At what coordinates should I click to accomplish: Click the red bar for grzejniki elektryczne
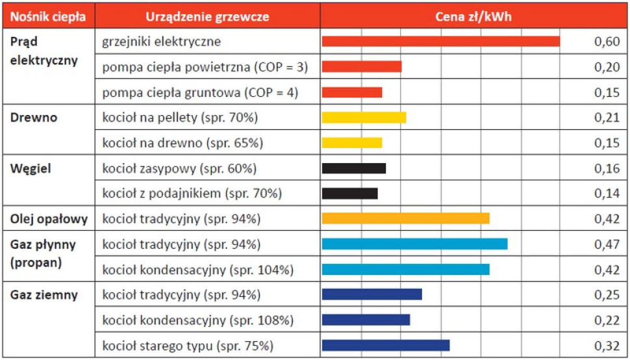(440, 42)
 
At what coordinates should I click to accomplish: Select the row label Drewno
(34, 118)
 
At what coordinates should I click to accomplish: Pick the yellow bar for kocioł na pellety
(364, 118)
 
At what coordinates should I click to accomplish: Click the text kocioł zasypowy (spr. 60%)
(179, 168)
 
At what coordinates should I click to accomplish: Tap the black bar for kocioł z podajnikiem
(349, 193)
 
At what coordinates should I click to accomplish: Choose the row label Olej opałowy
(49, 219)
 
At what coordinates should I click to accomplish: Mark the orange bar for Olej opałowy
(405, 218)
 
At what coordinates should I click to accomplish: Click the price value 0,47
(607, 244)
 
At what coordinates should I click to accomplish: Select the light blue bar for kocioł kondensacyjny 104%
(405, 269)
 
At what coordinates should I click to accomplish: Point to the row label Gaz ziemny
(44, 295)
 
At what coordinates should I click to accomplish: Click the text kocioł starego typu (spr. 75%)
(187, 345)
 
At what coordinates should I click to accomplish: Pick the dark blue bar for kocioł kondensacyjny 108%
(366, 320)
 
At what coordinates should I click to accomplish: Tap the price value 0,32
(607, 345)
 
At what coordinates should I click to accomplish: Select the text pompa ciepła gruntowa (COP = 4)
(200, 92)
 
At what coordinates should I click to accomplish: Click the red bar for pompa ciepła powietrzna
(362, 66)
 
